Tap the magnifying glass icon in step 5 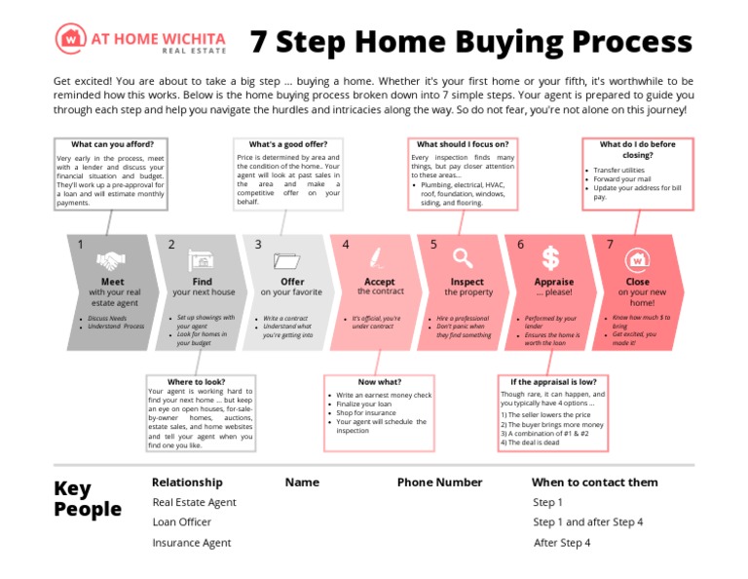464,259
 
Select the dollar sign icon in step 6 551,258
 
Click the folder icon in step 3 288,260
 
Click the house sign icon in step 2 201,260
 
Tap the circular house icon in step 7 638,259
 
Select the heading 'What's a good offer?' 287,144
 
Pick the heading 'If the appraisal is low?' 553,381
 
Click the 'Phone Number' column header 439,482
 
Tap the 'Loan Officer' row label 181,522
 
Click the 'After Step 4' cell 562,543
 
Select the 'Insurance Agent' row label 191,543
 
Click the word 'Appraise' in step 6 553,282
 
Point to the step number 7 610,245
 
